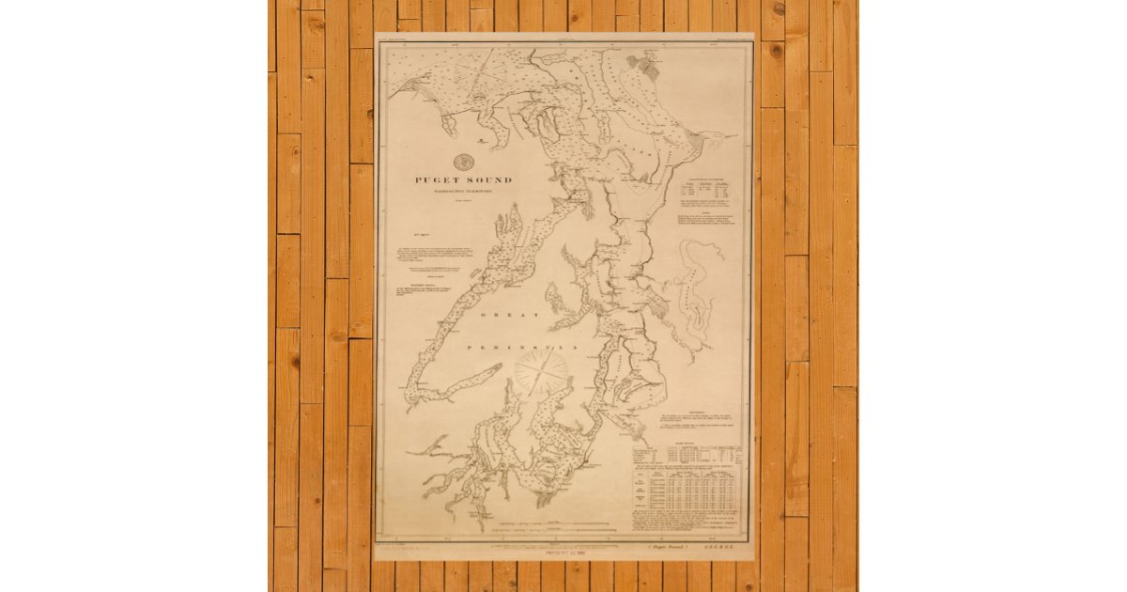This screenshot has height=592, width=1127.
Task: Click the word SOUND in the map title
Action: coord(491,179)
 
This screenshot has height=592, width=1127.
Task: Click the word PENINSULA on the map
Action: coord(515,347)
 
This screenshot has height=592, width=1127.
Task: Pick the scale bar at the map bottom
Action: coord(554,522)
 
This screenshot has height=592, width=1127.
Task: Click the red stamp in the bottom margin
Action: coord(563,553)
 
